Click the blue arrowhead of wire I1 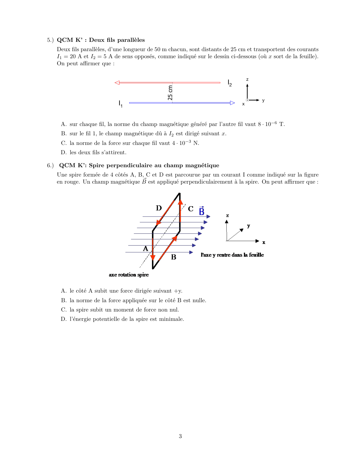pyautogui.click(x=233, y=103)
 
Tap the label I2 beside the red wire pyautogui.click(x=230, y=83)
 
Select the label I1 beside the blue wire pyautogui.click(x=120, y=104)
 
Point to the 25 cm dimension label pyautogui.click(x=170, y=93)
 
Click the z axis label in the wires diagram pyautogui.click(x=247, y=80)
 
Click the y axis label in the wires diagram pyautogui.click(x=263, y=100)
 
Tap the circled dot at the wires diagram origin pyautogui.click(x=247, y=100)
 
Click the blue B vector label pyautogui.click(x=202, y=211)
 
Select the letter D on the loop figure pyautogui.click(x=159, y=208)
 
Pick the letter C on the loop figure pyautogui.click(x=191, y=209)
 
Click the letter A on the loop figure pyautogui.click(x=145, y=249)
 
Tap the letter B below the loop pyautogui.click(x=174, y=257)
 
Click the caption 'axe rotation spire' pyautogui.click(x=129, y=275)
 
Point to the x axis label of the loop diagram pyautogui.click(x=264, y=242)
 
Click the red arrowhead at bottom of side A pyautogui.click(x=153, y=257)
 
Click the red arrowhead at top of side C pyautogui.click(x=180, y=202)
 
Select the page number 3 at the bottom pyautogui.click(x=180, y=436)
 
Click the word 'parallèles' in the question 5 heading pyautogui.click(x=131, y=40)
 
